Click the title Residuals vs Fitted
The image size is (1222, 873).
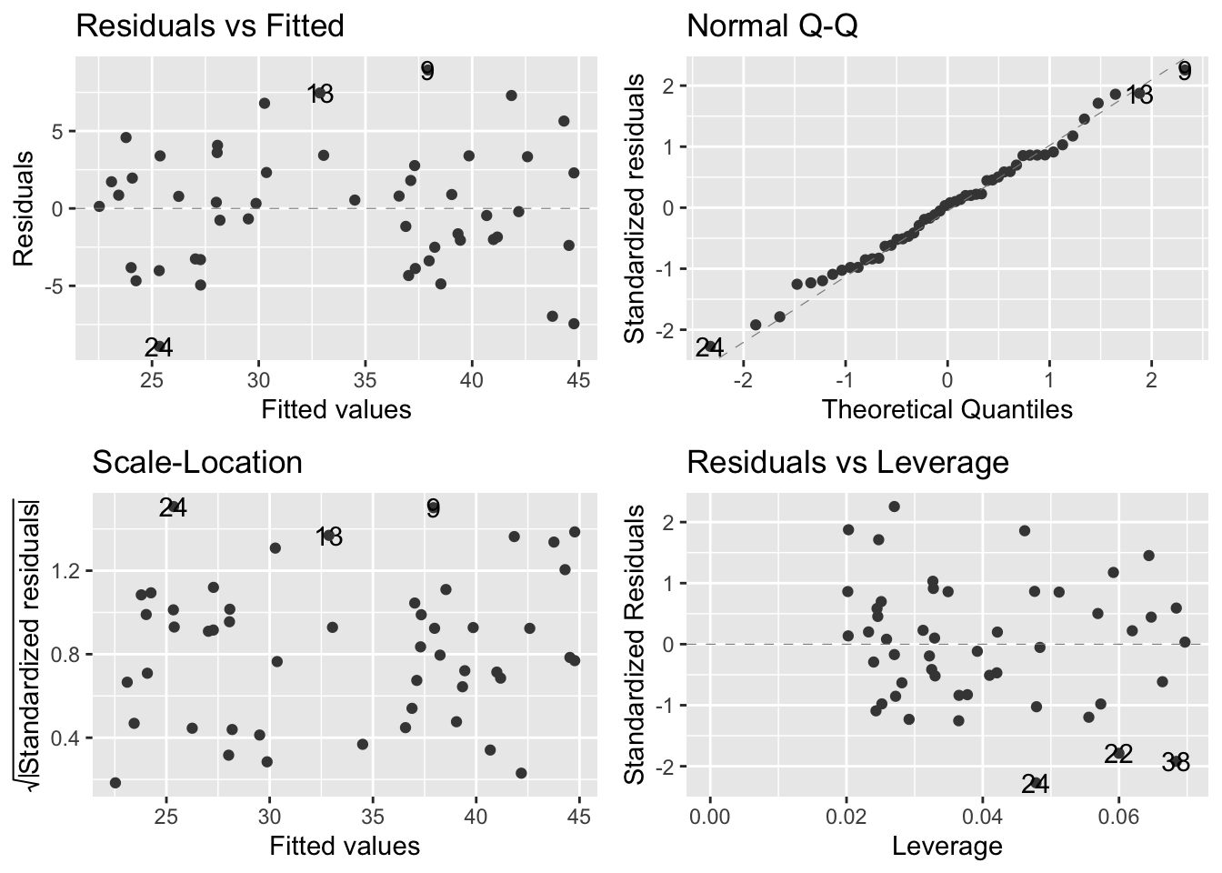click(x=210, y=25)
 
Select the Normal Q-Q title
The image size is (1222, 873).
click(x=772, y=25)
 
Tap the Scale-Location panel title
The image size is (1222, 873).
click(x=197, y=462)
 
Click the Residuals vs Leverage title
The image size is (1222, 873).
click(x=847, y=462)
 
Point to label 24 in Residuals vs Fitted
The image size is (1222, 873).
click(x=158, y=347)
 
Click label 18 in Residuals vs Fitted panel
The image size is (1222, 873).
click(x=320, y=93)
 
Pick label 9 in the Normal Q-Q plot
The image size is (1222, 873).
click(x=1184, y=71)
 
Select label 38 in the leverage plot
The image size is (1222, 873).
click(x=1176, y=762)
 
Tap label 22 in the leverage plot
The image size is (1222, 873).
click(x=1118, y=753)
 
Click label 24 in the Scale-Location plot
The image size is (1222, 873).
click(x=173, y=507)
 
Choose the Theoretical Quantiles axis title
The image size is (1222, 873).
click(x=947, y=410)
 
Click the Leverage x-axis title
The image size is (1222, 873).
click(x=947, y=847)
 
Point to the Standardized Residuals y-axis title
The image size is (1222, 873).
click(x=636, y=644)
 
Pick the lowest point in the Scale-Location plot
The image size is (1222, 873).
click(x=115, y=782)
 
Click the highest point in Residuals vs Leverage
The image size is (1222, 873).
click(x=894, y=507)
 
